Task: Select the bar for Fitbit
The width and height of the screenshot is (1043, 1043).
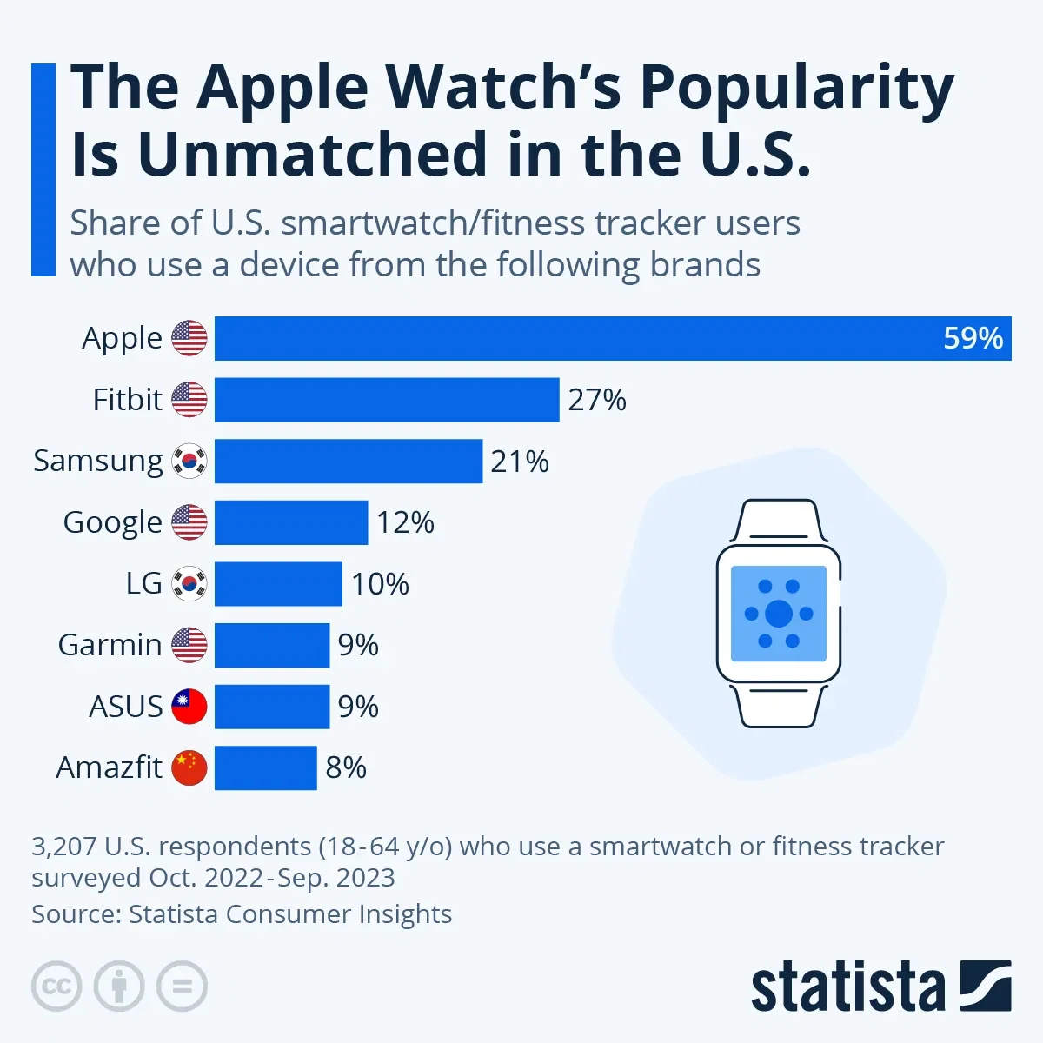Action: point(387,400)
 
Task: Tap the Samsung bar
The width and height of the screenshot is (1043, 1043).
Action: point(348,461)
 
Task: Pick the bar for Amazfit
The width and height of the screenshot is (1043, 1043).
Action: point(265,767)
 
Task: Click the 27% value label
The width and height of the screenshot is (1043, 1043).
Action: point(597,400)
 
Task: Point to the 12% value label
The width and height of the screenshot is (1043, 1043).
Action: point(405,522)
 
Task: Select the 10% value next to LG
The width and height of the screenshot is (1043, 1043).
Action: point(380,584)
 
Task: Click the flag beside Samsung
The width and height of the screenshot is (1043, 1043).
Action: point(189,461)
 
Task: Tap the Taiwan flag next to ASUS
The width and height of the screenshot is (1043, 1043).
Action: point(189,707)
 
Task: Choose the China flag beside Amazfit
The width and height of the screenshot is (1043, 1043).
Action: point(189,767)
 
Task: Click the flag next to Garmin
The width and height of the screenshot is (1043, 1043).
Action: point(189,645)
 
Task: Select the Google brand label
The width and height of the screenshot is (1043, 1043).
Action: point(112,522)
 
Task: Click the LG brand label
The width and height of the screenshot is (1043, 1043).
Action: point(143,583)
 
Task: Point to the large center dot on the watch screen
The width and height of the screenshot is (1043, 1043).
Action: point(779,614)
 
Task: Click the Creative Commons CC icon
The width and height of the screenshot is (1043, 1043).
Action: point(56,987)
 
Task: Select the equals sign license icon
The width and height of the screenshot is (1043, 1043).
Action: point(183,987)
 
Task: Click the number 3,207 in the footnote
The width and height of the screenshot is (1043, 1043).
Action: point(63,846)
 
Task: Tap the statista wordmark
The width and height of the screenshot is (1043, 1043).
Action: point(847,988)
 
